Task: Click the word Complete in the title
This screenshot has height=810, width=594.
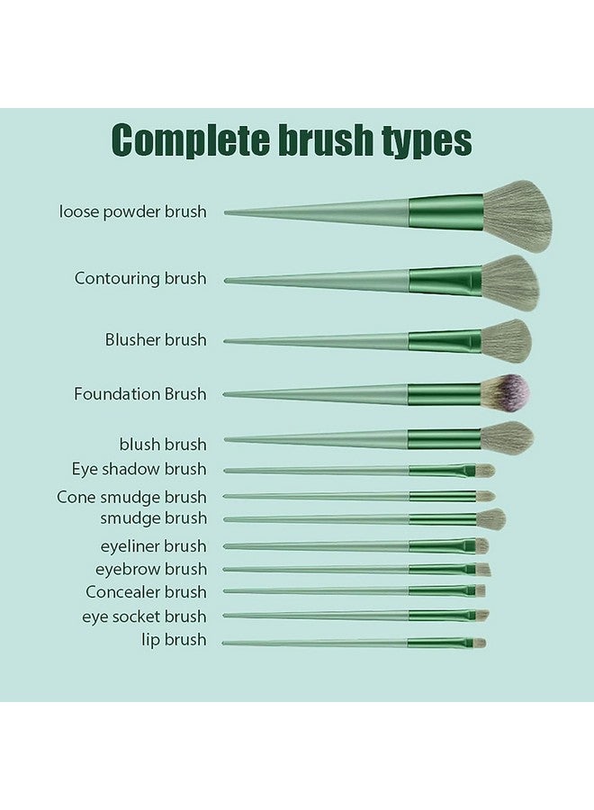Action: pos(191,140)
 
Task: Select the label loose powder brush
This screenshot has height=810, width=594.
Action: pos(132,211)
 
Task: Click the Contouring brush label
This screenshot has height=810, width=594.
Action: pos(140,278)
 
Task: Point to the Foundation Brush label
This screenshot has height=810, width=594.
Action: pos(140,394)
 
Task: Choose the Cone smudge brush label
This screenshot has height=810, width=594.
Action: pos(131,498)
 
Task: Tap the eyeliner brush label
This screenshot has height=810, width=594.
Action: pos(153,546)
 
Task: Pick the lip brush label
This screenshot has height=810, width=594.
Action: pos(174,640)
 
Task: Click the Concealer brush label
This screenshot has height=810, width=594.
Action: pos(146,592)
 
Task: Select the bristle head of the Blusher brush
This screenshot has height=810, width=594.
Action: pos(506,340)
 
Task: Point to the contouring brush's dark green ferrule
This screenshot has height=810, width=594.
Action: pos(445,281)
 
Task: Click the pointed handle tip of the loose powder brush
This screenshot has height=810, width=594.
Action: pos(226,212)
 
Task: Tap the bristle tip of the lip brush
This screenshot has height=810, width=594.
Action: pos(479,643)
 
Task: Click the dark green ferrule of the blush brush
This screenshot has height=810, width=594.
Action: pos(445,439)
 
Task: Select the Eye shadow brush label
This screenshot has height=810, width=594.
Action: pos(139,469)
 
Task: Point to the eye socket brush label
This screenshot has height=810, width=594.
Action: pos(144,616)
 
